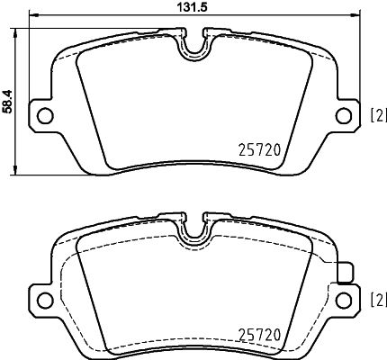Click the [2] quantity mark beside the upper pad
pyautogui.click(x=378, y=113)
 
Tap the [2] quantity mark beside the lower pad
pyautogui.click(x=378, y=297)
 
